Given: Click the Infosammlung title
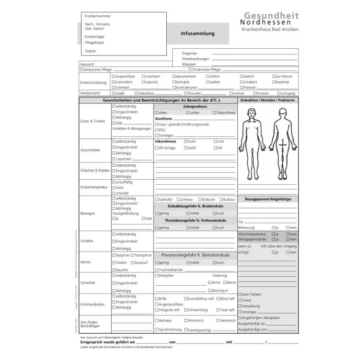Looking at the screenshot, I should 198,34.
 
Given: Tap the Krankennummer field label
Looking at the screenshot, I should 98,16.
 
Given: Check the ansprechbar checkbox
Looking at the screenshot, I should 113,76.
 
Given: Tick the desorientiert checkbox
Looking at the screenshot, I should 174,76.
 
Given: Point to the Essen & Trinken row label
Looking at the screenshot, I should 93,121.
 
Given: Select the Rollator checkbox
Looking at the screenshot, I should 222,200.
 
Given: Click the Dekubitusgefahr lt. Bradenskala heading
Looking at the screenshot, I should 195,207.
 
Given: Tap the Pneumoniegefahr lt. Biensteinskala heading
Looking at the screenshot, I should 195,255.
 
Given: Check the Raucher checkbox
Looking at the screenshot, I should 113,270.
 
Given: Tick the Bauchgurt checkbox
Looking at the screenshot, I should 209,290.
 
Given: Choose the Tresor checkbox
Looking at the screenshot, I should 240,300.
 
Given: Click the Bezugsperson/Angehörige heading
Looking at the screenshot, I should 268,199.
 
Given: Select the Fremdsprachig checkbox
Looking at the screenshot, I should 186,329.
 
